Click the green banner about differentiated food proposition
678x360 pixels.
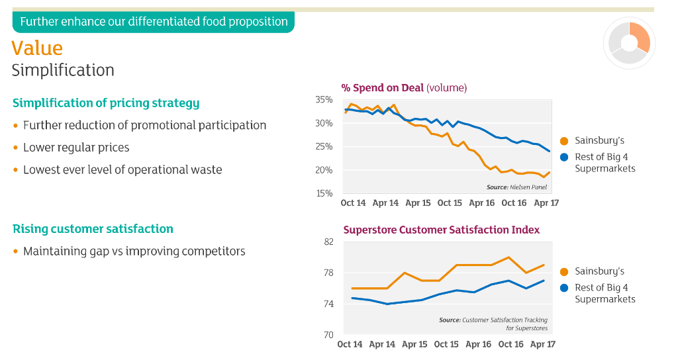click(x=154, y=22)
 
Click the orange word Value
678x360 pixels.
click(x=37, y=48)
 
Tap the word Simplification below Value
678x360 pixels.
click(x=63, y=70)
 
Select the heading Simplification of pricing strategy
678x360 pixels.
click(x=106, y=103)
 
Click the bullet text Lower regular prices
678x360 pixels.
click(x=76, y=148)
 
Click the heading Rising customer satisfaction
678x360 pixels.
click(x=93, y=228)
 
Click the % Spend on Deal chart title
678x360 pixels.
click(x=404, y=88)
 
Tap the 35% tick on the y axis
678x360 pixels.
click(x=324, y=100)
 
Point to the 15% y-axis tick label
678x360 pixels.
click(x=324, y=193)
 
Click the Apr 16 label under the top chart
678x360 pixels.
click(x=482, y=202)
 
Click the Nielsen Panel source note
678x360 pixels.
click(x=516, y=187)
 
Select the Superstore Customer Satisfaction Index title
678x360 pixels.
click(x=442, y=230)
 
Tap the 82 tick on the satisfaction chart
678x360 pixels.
click(x=329, y=242)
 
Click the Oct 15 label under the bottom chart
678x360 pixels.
click(x=446, y=344)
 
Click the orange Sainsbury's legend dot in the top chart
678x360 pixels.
click(x=564, y=141)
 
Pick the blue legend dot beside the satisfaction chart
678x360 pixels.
click(x=564, y=288)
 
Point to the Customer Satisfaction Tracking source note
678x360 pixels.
click(x=493, y=324)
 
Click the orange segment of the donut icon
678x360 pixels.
click(x=640, y=38)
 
